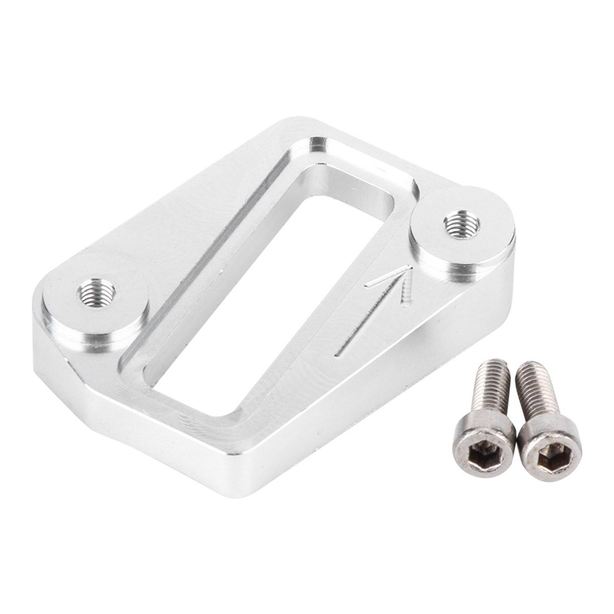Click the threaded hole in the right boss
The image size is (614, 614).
point(461,225)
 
